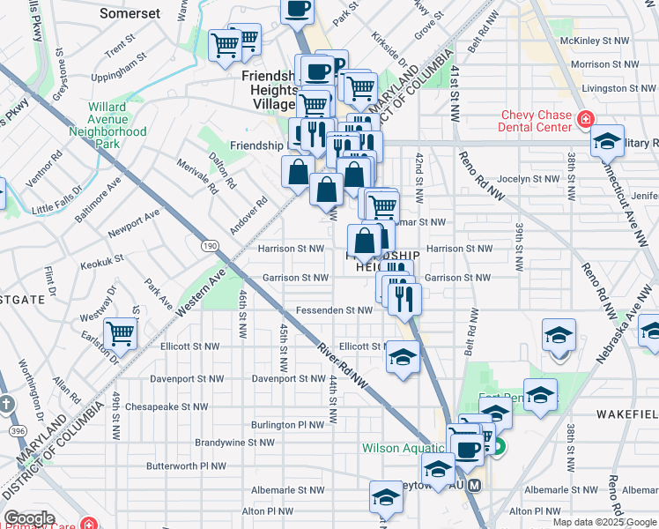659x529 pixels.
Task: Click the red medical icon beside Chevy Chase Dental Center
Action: click(584, 120)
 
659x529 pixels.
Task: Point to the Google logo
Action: click(29, 518)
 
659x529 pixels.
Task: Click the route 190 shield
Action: click(210, 244)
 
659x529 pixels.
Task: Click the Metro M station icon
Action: click(475, 486)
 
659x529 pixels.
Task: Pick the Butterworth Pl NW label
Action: click(186, 466)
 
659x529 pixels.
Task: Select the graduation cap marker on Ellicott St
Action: click(403, 358)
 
